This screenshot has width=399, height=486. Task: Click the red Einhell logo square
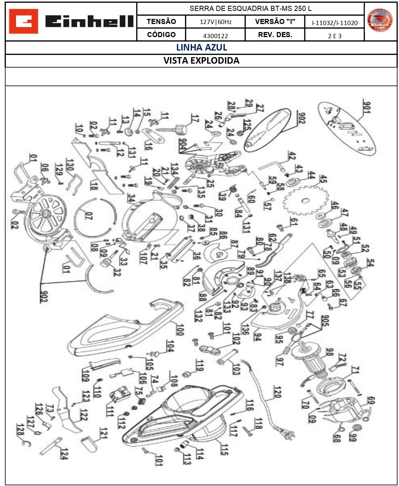[x=23, y=21]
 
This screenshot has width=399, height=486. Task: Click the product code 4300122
[x=215, y=36]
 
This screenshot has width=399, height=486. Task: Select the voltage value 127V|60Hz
[x=215, y=22]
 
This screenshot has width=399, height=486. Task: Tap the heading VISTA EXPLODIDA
[x=201, y=61]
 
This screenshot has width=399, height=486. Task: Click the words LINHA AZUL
[x=201, y=48]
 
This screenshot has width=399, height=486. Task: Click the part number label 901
[x=367, y=107]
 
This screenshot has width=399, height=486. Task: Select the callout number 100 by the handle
[x=179, y=329]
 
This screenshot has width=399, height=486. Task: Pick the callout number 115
[x=224, y=450]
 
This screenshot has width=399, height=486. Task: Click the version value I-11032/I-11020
[x=335, y=23]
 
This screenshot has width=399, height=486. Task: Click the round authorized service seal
[x=380, y=20]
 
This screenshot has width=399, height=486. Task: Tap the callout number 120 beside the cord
[x=277, y=392]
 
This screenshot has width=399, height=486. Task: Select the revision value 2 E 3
[x=335, y=36]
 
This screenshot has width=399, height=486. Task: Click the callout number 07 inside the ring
[x=88, y=215]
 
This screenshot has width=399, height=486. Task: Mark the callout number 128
[x=20, y=430]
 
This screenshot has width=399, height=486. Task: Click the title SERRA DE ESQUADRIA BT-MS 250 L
[x=250, y=8]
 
